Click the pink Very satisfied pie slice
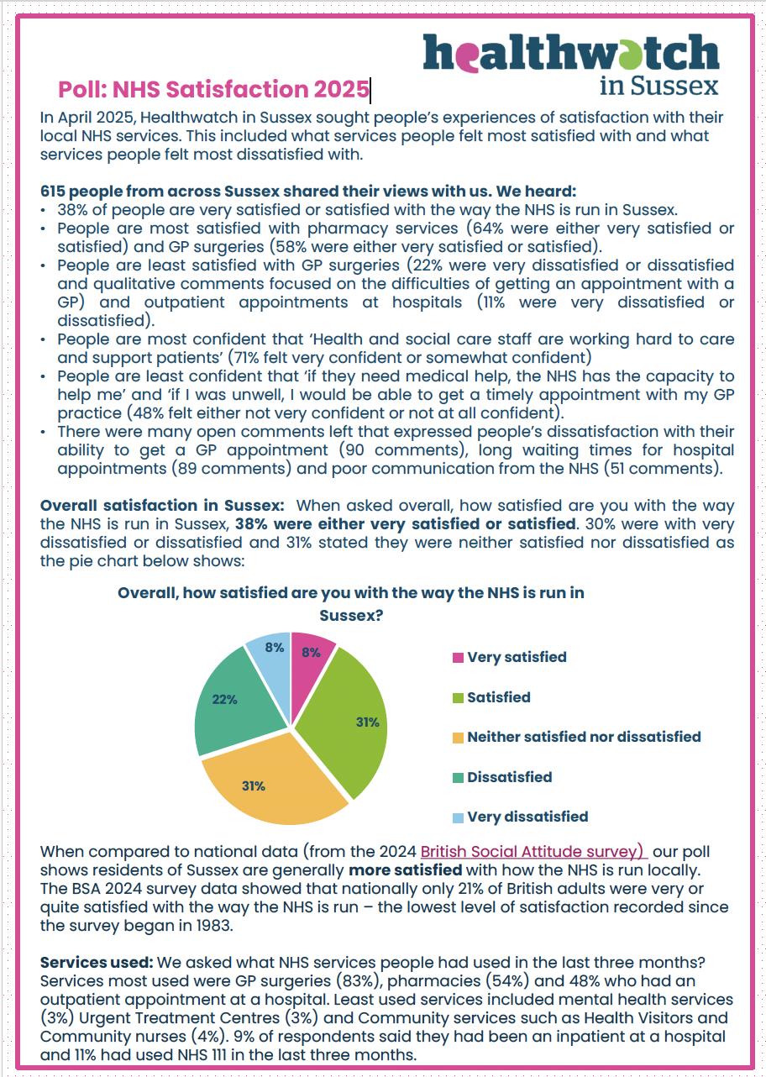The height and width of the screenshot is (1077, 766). coord(312,664)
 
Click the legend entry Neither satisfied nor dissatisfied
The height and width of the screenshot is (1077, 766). coord(583,737)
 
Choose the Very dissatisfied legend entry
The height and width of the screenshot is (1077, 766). coord(527,817)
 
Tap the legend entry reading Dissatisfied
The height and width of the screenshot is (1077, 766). coord(509,777)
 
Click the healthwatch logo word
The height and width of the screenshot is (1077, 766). coord(571,52)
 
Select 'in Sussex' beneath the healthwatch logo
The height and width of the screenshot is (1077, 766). coord(659,86)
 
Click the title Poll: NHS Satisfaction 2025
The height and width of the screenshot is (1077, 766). coord(213,89)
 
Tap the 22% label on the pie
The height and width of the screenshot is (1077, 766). coord(224,698)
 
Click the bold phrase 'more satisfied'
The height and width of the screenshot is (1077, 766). coord(405,869)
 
